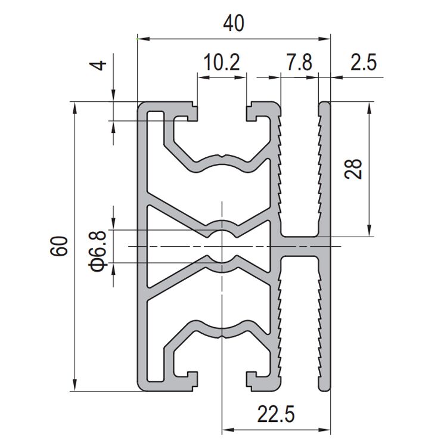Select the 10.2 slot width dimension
click(222, 63)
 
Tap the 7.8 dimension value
click(299, 63)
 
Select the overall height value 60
click(60, 246)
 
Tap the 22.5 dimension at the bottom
click(276, 414)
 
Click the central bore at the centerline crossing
click(222, 246)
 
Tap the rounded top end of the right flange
click(325, 105)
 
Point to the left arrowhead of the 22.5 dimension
click(226, 429)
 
